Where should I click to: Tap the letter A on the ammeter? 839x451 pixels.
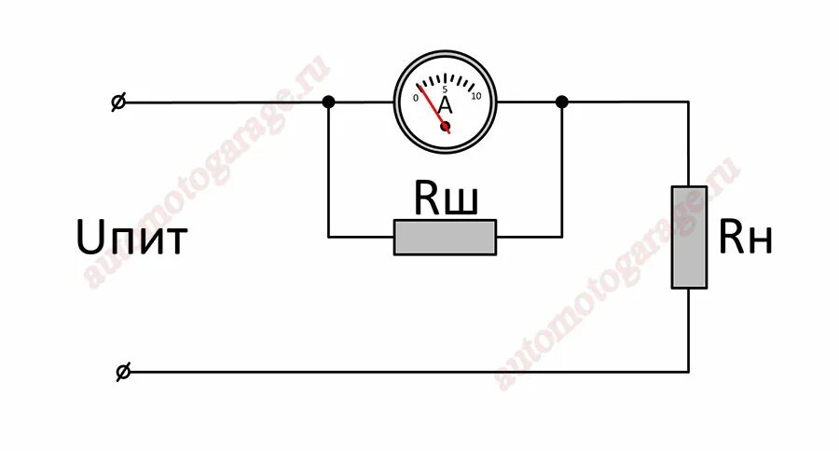coord(445,104)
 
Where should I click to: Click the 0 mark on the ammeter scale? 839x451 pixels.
coord(415,97)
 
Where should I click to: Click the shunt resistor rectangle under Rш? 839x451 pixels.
coord(445,237)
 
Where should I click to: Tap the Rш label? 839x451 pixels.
coord(446,198)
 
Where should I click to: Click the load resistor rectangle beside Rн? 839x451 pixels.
coord(689,237)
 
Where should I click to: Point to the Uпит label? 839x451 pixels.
coord(131,239)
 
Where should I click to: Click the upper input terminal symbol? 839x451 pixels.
coord(119,102)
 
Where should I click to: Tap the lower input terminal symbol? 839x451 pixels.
coord(122,372)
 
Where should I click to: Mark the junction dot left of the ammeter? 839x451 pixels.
coord(328,102)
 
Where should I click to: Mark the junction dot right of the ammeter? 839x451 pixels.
coord(562,102)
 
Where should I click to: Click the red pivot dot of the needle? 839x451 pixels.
coord(446,126)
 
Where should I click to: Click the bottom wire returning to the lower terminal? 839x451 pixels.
coord(401,372)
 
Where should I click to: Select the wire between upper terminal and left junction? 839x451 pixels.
coord(224,102)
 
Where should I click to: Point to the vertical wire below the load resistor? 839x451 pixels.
coord(689,331)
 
